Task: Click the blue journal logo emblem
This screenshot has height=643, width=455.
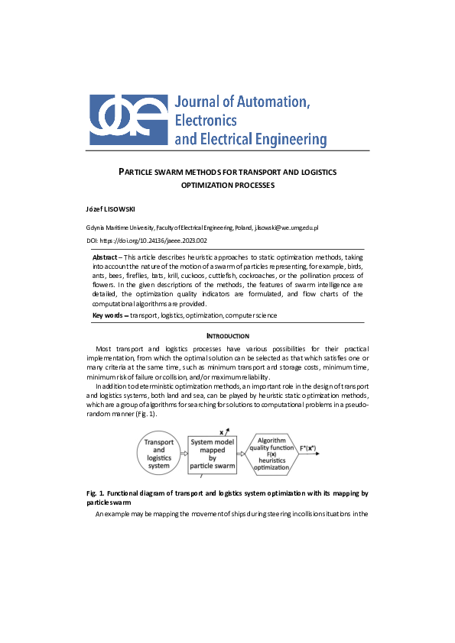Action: pos(128,120)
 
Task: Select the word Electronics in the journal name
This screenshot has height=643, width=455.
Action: pos(206,121)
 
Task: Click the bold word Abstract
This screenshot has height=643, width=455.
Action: pos(105,257)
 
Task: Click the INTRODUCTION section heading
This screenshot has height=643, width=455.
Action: pos(227,336)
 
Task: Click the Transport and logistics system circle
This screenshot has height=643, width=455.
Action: pos(159,454)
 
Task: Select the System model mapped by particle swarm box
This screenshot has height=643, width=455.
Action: pos(212,454)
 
